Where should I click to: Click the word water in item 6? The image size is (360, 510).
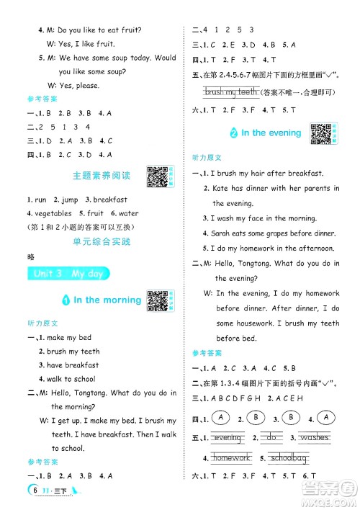pos(128,213)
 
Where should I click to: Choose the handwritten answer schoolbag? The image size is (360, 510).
pos(288,457)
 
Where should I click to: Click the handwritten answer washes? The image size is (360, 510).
pos(314,437)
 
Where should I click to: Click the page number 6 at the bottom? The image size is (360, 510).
pos(35,491)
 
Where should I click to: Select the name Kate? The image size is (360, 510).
pos(220,188)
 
